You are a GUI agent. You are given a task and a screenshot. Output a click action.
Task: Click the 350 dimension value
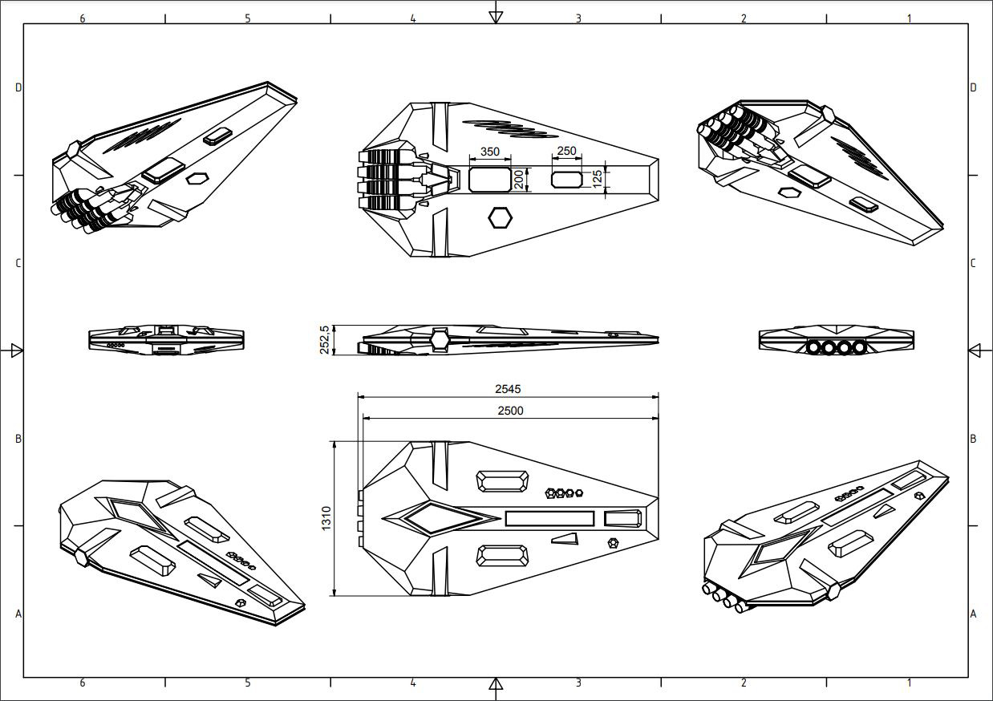[x=489, y=152]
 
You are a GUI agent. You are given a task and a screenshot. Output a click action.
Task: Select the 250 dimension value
[x=566, y=151]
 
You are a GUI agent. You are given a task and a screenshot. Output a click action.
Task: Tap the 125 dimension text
[x=598, y=179]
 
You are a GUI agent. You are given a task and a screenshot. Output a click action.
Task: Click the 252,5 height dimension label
[x=324, y=339]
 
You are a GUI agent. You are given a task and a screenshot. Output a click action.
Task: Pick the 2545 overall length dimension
[x=508, y=389]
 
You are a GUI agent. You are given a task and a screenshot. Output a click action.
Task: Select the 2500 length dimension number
[x=510, y=411]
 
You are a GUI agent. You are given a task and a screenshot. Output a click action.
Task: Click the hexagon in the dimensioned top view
[x=501, y=217]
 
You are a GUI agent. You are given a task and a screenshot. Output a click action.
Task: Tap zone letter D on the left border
[x=18, y=87]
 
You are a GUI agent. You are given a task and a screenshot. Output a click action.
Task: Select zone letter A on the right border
[x=973, y=614]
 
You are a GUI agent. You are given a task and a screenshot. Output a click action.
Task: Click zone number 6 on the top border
[x=83, y=18]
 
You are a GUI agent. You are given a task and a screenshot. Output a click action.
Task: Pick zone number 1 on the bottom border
[x=909, y=683]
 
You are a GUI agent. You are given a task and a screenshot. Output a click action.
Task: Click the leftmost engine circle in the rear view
[x=815, y=348]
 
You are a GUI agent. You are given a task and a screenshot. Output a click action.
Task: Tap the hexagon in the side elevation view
[x=440, y=340]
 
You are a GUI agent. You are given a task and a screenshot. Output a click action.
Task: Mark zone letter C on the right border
[x=973, y=263]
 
